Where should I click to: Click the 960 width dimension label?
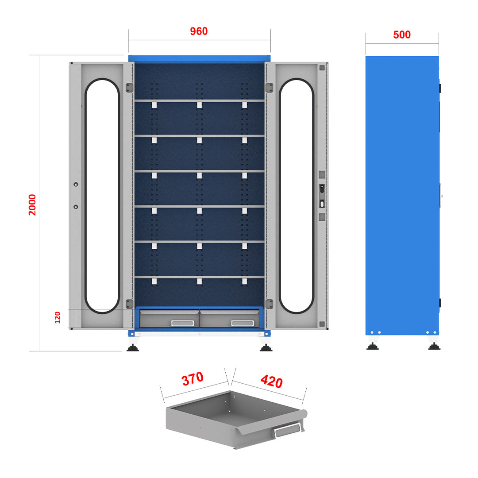[x=199, y=31]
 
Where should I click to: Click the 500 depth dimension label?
[x=402, y=35]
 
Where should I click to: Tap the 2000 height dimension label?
[x=32, y=205]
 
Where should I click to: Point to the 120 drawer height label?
[x=57, y=318]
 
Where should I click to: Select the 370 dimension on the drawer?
[x=193, y=379]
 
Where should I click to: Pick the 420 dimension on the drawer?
[x=272, y=381]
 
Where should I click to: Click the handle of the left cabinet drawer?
[x=183, y=323]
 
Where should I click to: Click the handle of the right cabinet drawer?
[x=243, y=323]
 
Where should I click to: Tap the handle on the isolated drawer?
[x=288, y=431]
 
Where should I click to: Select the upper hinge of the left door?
[x=130, y=88]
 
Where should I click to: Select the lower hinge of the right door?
[x=269, y=304]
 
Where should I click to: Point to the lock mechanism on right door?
[x=322, y=196]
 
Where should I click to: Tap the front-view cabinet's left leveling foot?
[x=133, y=347]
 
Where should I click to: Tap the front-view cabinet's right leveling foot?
[x=266, y=347]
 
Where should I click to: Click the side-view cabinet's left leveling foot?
[x=373, y=346]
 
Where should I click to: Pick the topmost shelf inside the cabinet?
[x=199, y=100]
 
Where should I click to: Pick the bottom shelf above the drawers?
[x=199, y=277]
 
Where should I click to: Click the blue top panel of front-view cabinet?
[x=199, y=59]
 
